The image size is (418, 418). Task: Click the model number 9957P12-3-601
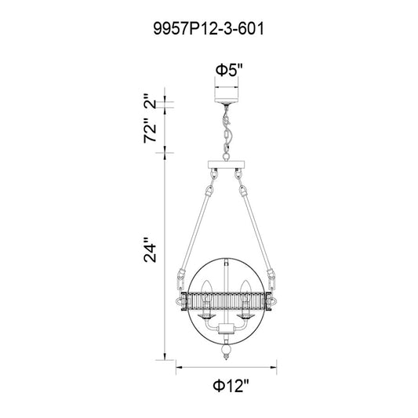click(209, 28)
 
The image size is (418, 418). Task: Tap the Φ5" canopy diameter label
click(230, 71)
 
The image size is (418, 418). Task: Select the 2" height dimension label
click(150, 100)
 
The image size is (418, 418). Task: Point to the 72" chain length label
click(150, 130)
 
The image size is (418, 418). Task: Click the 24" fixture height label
click(150, 249)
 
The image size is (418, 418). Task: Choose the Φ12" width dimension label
click(231, 386)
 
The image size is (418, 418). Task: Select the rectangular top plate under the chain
click(227, 165)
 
